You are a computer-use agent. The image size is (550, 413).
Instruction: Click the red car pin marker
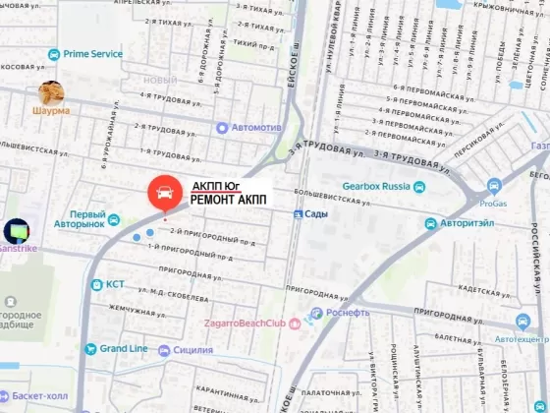point(164,194)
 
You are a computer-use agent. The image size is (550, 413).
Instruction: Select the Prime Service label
point(93,54)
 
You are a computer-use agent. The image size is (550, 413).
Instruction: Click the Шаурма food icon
point(51,93)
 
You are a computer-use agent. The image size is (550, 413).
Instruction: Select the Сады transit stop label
point(315,213)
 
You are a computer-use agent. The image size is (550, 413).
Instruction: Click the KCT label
point(116,285)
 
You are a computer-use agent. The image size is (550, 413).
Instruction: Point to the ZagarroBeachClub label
point(244,324)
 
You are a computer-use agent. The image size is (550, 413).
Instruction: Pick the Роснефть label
point(348,313)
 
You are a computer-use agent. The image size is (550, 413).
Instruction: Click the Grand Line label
point(123,349)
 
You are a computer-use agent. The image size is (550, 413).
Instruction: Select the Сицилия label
point(192,350)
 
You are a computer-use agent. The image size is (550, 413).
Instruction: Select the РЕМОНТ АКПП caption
point(227,199)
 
